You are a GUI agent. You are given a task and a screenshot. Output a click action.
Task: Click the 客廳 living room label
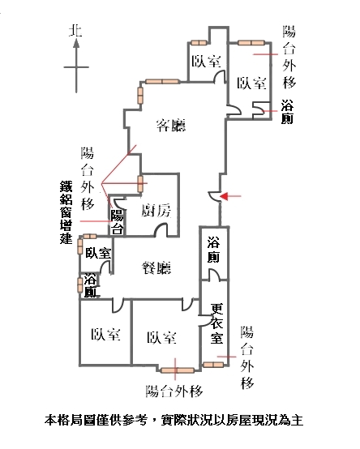point(171,125)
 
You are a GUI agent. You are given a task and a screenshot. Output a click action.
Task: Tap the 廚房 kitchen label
point(156,211)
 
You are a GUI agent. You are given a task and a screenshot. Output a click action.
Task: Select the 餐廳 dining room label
point(156,267)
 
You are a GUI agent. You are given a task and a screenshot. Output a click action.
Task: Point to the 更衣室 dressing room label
point(216,324)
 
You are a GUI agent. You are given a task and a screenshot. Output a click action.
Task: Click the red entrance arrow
point(230,196)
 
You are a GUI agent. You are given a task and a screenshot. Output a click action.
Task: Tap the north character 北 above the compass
point(76,30)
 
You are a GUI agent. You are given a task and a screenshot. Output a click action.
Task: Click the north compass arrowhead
point(76,44)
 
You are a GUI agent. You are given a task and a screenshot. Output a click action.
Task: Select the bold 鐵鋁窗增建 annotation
point(66,212)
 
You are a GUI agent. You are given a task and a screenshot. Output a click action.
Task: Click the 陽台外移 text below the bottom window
point(174,391)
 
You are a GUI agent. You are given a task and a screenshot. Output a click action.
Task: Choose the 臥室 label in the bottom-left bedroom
point(105,334)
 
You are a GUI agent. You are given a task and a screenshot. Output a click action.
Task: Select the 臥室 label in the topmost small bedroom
point(206,61)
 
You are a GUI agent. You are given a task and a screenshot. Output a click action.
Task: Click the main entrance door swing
point(214,197)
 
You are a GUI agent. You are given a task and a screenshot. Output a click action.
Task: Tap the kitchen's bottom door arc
point(161,230)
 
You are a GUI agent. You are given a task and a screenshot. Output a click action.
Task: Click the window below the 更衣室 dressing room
point(213,365)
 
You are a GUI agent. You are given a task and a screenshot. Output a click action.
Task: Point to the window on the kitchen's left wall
point(140,184)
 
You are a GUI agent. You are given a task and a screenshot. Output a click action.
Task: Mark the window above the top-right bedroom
point(251,43)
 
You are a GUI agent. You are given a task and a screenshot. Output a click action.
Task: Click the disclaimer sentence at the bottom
point(174,421)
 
